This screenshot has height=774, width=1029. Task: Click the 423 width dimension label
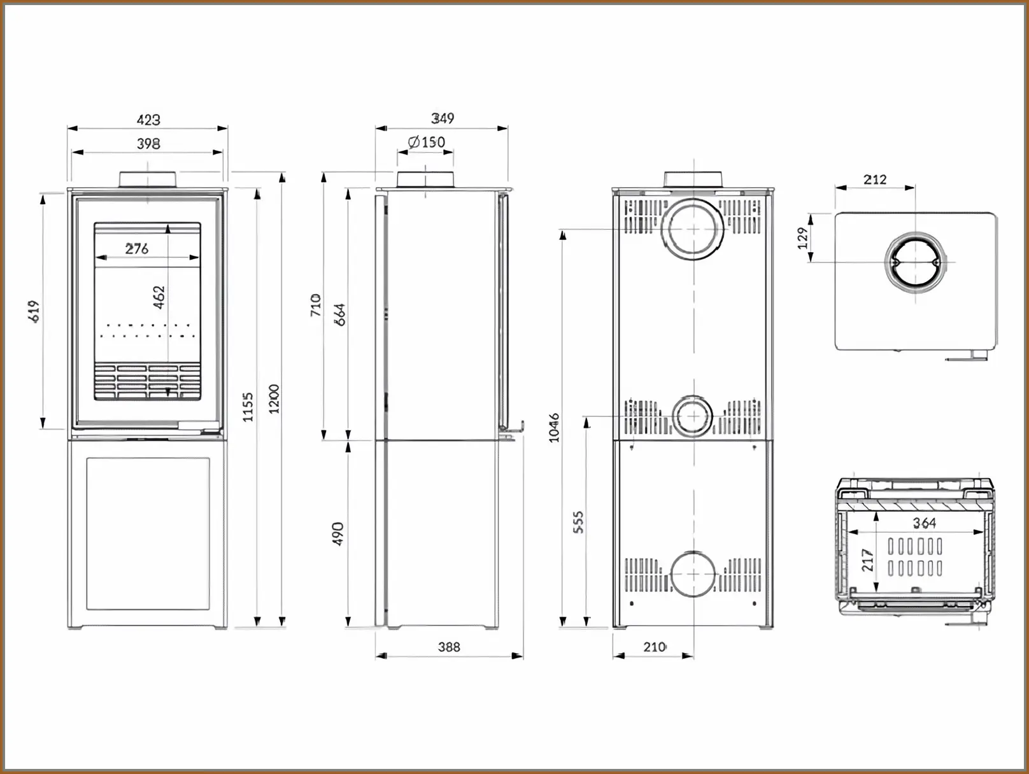148,120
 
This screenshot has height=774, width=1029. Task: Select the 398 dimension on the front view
148,144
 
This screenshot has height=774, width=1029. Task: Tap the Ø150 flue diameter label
427,142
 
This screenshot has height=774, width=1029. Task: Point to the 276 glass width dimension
137,249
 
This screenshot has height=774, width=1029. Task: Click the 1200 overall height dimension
274,399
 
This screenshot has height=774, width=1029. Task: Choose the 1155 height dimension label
248,407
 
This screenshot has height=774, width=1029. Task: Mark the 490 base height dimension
338,533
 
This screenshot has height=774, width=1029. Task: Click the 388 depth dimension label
449,647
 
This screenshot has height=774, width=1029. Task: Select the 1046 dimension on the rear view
554,427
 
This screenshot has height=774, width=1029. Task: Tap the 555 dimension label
578,522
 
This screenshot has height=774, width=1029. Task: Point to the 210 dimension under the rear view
654,647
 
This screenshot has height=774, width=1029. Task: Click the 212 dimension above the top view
875,179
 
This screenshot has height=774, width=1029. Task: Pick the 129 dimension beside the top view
802,238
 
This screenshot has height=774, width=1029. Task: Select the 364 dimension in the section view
924,523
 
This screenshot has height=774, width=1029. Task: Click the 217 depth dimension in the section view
867,561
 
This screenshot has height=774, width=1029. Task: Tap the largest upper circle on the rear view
693,229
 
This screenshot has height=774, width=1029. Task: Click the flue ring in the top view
916,262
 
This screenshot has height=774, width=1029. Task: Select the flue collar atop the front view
148,179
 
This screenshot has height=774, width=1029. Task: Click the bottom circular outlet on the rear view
693,573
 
